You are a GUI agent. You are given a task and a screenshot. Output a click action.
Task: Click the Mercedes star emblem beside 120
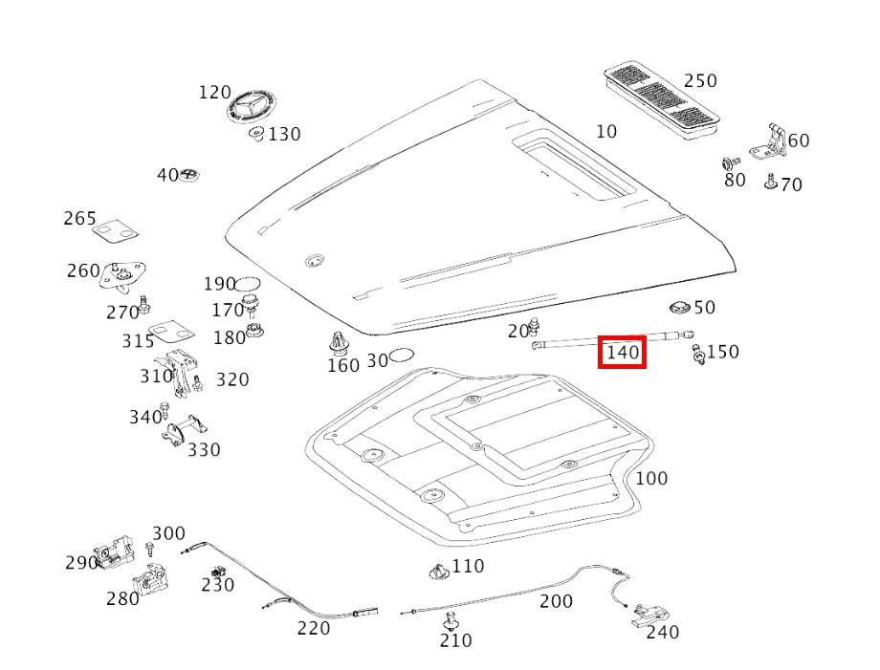pyautogui.click(x=252, y=105)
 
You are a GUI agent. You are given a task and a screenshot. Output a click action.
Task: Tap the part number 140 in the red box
pyautogui.click(x=623, y=353)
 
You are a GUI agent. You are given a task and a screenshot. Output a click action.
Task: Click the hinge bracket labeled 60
pyautogui.click(x=768, y=143)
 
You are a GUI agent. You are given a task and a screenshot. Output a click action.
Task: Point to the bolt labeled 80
pyautogui.click(x=730, y=163)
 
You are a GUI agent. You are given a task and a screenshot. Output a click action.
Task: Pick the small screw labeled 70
pyautogui.click(x=771, y=182)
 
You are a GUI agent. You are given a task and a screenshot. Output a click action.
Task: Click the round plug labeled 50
pyautogui.click(x=681, y=308)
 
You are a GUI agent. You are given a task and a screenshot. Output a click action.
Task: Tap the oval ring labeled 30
pyautogui.click(x=402, y=356)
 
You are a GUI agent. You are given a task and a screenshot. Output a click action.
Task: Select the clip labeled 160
pyautogui.click(x=339, y=343)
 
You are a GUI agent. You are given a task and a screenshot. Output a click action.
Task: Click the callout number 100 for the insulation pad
pyautogui.click(x=651, y=478)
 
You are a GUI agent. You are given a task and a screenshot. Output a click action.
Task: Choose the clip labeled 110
pyautogui.click(x=439, y=571)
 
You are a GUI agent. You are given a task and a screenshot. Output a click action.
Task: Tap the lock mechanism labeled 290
pyautogui.click(x=115, y=551)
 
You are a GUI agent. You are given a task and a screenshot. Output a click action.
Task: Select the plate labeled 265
pyautogui.click(x=116, y=231)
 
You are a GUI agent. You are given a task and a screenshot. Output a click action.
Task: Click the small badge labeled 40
pyautogui.click(x=189, y=174)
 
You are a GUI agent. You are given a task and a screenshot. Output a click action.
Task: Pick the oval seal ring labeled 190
pyautogui.click(x=248, y=284)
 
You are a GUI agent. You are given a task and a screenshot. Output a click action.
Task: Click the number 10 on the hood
pyautogui.click(x=606, y=131)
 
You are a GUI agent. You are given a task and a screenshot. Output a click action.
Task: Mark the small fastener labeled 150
pyautogui.click(x=698, y=355)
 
